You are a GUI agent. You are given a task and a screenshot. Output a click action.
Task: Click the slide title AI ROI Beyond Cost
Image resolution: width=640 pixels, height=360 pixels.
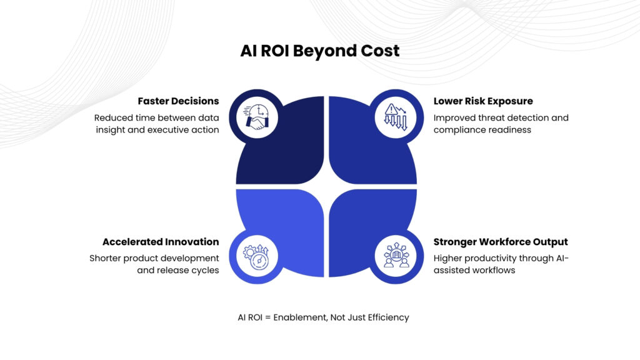pyautogui.click(x=319, y=51)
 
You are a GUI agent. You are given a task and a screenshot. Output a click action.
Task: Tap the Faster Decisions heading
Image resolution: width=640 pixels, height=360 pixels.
pyautogui.click(x=178, y=101)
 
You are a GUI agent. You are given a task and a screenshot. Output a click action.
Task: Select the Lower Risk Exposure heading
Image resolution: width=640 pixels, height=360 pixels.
pyautogui.click(x=483, y=101)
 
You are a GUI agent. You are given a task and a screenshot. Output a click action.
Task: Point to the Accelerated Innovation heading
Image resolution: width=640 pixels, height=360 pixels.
pyautogui.click(x=161, y=242)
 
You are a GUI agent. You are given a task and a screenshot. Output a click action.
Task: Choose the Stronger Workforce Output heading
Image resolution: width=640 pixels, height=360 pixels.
pyautogui.click(x=501, y=242)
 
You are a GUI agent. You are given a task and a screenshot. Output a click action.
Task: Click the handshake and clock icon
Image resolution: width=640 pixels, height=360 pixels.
pyautogui.click(x=257, y=117)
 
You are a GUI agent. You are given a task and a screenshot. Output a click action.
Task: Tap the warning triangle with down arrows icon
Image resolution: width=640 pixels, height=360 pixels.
pyautogui.click(x=396, y=117)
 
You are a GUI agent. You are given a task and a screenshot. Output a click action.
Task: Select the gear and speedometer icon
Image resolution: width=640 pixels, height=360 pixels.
pyautogui.click(x=256, y=257)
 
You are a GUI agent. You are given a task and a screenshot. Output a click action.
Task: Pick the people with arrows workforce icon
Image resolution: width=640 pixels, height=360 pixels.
pyautogui.click(x=396, y=255)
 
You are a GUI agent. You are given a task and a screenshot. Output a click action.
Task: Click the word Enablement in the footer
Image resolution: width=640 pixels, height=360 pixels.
pyautogui.click(x=301, y=317)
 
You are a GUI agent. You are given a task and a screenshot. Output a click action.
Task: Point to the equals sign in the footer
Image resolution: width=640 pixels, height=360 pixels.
pyautogui.click(x=267, y=317)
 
